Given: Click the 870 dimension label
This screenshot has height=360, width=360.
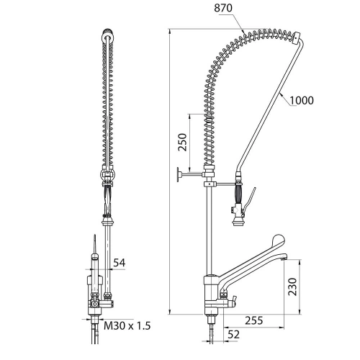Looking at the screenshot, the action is coord(223,8).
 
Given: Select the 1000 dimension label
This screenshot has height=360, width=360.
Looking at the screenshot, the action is coord(302,100).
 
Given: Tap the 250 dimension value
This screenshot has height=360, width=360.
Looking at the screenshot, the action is coord(182,142).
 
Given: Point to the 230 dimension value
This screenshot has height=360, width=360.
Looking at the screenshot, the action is coord(292,287).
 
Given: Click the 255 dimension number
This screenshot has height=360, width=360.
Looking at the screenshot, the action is coord(254,320).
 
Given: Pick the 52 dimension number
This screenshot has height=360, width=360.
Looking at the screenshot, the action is coord(233,335).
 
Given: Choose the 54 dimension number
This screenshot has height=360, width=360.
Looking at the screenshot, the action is coord(120,263).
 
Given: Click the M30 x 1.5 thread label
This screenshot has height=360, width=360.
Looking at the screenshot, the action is coord(127,325).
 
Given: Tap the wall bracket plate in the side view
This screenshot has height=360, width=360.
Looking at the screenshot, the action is coord(179,174).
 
